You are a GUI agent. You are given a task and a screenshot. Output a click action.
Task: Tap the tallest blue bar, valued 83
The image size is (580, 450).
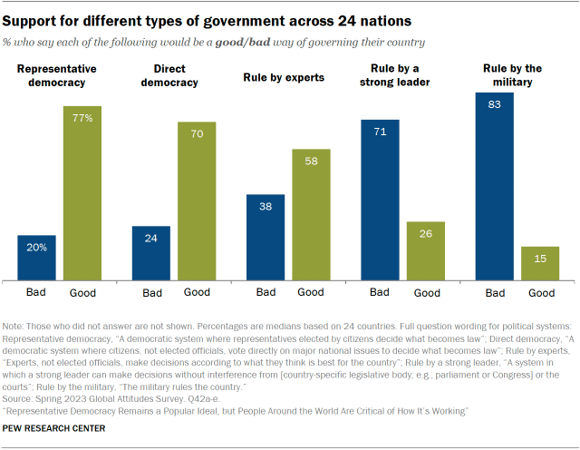(495, 186)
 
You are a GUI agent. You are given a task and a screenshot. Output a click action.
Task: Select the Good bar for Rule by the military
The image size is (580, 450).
(540, 262)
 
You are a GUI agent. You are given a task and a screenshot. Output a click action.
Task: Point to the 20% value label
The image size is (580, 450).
(37, 246)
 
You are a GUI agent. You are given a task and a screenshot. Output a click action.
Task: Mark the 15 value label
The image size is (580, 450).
(540, 258)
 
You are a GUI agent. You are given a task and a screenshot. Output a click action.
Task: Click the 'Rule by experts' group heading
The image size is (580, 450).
(284, 77)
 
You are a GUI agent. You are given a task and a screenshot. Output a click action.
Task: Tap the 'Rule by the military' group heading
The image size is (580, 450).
(512, 75)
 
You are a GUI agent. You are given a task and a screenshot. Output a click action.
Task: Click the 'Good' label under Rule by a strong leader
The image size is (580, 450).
(427, 293)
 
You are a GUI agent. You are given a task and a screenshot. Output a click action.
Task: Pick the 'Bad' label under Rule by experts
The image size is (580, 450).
(266, 292)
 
